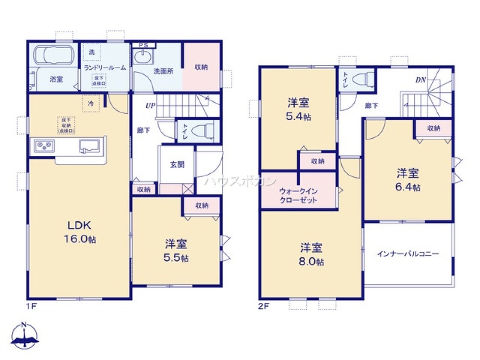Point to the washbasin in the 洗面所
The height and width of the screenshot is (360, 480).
click(143, 57)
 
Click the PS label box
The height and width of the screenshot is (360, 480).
click(143, 45)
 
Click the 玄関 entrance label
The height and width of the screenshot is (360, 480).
click(177, 164)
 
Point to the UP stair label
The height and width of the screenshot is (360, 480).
click(150, 106)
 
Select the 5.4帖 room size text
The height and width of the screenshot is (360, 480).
click(298, 117)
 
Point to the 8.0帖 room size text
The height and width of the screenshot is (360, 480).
click(311, 262)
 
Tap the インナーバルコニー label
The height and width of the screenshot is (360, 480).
click(408, 253)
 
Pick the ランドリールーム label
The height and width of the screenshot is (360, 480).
click(105, 68)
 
